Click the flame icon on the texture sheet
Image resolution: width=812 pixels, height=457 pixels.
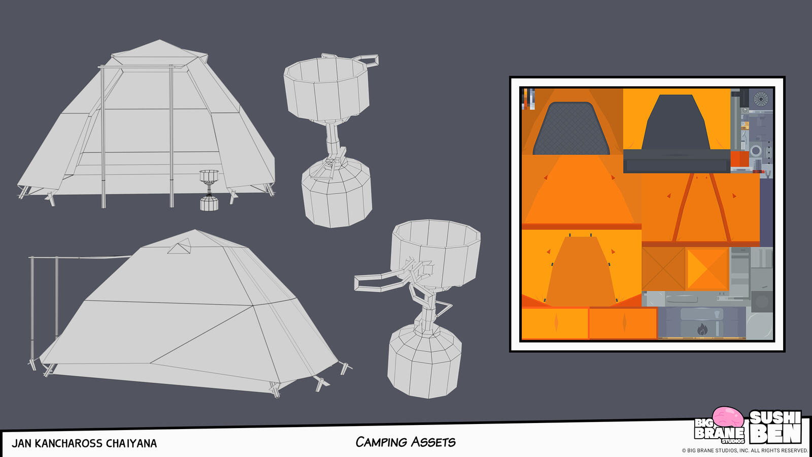pyautogui.click(x=702, y=330)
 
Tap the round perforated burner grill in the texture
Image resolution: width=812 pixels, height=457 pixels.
pyautogui.click(x=761, y=99)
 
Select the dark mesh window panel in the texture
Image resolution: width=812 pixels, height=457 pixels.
pyautogui.click(x=571, y=128)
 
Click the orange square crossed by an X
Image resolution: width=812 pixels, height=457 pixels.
pyautogui.click(x=663, y=269)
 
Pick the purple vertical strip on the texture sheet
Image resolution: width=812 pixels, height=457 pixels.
pyautogui.click(x=766, y=213)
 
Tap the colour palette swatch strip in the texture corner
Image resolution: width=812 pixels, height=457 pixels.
pyautogui.click(x=528, y=99)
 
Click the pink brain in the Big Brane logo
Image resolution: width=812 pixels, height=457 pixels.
pyautogui.click(x=728, y=417)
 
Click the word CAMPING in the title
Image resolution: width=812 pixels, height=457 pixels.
pyautogui.click(x=381, y=442)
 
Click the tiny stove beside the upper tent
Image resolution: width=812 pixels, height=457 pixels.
pyautogui.click(x=209, y=190)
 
